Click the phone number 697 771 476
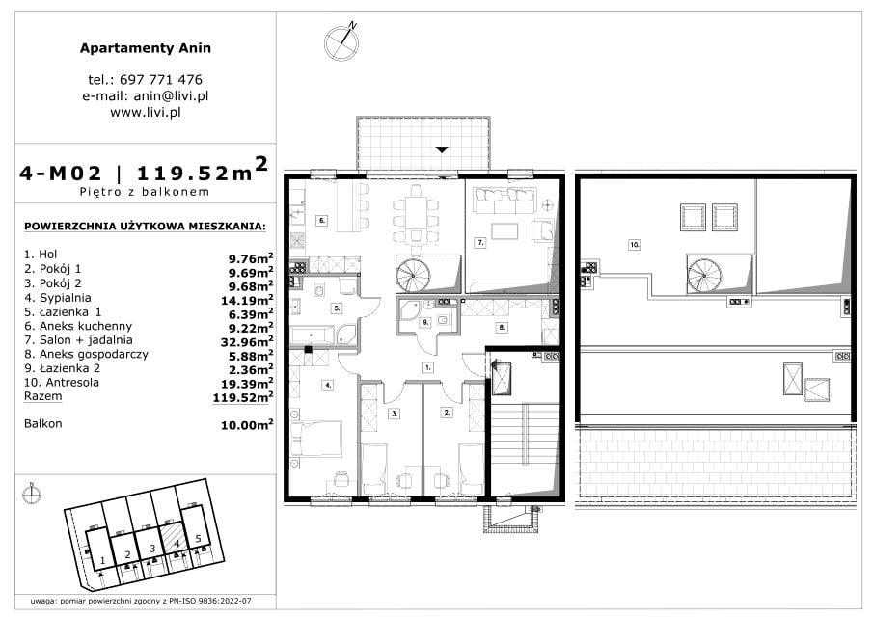click(x=161, y=80)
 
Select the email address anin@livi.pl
click(x=171, y=95)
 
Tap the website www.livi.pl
click(x=146, y=112)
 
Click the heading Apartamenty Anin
click(x=146, y=48)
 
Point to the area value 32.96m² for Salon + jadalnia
click(x=247, y=341)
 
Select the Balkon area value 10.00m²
click(x=247, y=424)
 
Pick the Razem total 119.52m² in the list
click(x=243, y=396)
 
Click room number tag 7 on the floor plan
click(x=480, y=243)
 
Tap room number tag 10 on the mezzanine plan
click(x=634, y=244)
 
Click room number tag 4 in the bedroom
click(x=329, y=385)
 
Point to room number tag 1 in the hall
click(x=427, y=367)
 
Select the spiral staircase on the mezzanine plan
click(x=705, y=274)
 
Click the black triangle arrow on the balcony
click(x=442, y=149)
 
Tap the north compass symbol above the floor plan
click(x=341, y=42)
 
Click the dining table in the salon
click(x=416, y=214)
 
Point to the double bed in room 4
click(x=315, y=439)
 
